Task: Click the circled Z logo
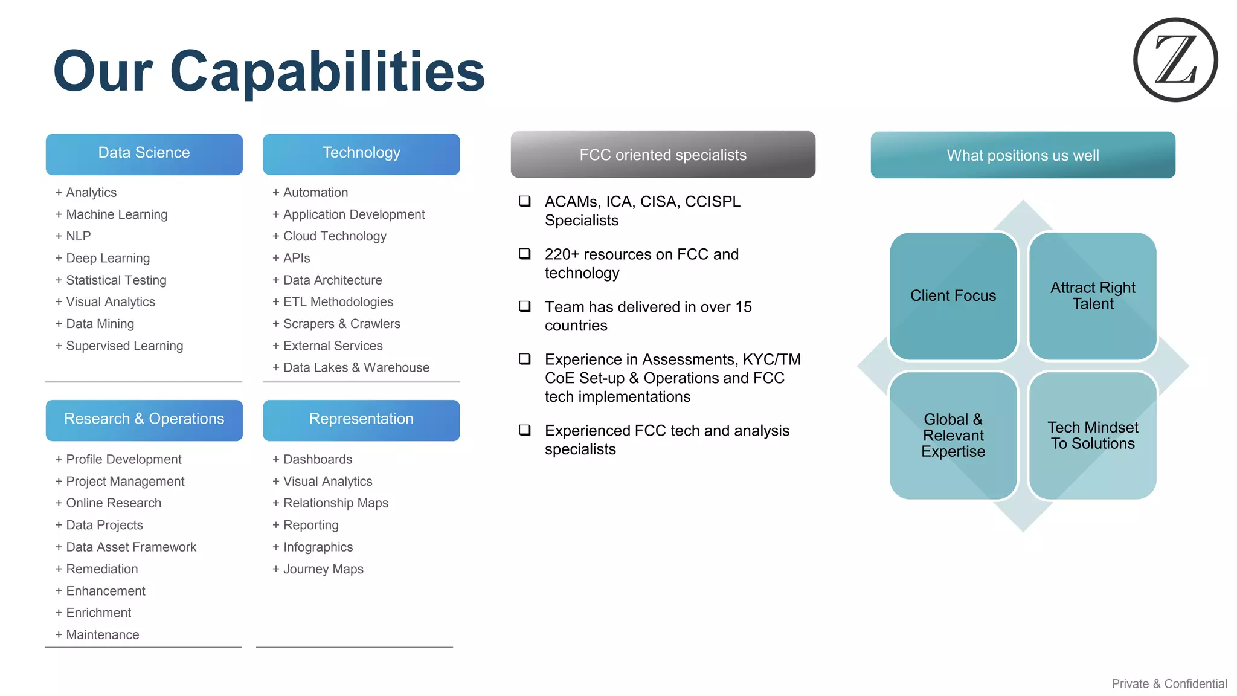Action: coord(1175,60)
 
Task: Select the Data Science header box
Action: coord(144,154)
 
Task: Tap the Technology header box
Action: coord(361,154)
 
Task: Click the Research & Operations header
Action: coord(144,420)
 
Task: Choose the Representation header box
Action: coord(361,420)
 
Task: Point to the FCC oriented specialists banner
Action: coord(663,155)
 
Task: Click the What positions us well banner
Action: coord(1023,155)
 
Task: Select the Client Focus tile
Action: coord(953,296)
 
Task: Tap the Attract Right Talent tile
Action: coord(1093,296)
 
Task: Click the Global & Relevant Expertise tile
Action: coord(953,436)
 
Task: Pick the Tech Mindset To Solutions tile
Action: coord(1093,436)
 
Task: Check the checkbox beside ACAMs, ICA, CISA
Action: coord(525,201)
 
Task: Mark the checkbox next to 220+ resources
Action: coord(525,254)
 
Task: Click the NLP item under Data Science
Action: coord(78,236)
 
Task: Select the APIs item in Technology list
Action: coord(296,259)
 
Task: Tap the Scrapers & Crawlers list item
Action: coord(341,324)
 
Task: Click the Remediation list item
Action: coord(101,569)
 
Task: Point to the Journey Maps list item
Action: coord(323,569)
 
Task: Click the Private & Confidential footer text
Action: coord(1169,683)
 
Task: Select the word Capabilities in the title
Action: coord(327,71)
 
